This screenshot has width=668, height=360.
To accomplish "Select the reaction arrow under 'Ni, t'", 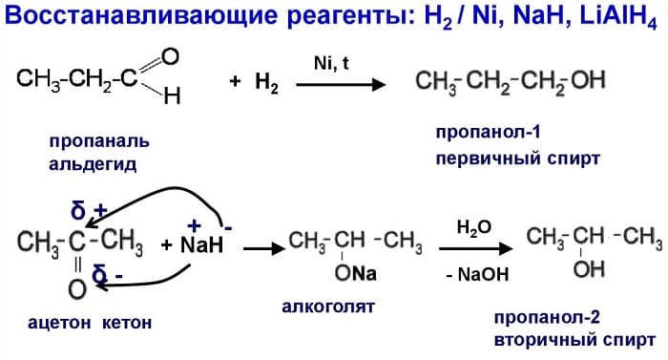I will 340,84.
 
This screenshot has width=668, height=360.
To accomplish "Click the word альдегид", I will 94,164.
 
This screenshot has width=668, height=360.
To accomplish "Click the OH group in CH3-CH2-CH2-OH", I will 588,82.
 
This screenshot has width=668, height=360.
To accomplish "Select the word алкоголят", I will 328,307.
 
